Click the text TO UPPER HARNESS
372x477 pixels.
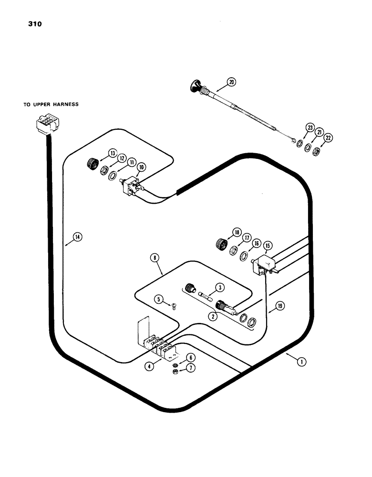pyautogui.click(x=51, y=104)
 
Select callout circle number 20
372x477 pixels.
pyautogui.click(x=231, y=82)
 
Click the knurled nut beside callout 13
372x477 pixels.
pyautogui.click(x=91, y=165)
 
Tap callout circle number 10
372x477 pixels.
pyautogui.click(x=142, y=167)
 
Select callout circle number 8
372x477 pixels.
pyautogui.click(x=157, y=258)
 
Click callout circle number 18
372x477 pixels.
pyautogui.click(x=236, y=233)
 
